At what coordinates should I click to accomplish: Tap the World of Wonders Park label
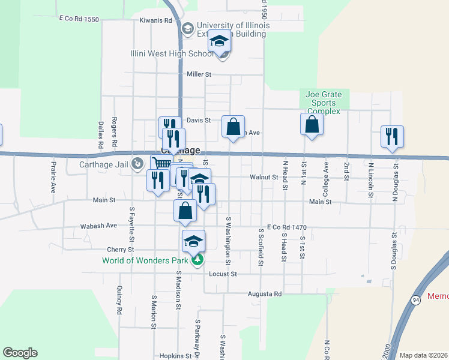point(146,260)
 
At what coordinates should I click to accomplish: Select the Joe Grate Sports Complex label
point(324,103)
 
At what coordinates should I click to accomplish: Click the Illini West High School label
point(172,53)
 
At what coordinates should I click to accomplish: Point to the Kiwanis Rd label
point(155,20)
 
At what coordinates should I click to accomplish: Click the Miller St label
point(199,74)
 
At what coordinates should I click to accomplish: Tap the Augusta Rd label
point(265,294)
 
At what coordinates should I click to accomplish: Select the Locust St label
point(223,274)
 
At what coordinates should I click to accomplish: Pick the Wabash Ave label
point(99,226)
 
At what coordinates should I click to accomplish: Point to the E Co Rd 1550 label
point(79,19)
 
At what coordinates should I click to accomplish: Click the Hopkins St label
point(176,356)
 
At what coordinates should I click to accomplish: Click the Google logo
point(20,353)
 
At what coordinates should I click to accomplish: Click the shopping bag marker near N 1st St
point(312,124)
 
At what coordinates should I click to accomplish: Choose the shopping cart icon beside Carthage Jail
point(161,163)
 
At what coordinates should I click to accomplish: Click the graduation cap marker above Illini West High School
point(220,41)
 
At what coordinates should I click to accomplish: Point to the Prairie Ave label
point(53,176)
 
